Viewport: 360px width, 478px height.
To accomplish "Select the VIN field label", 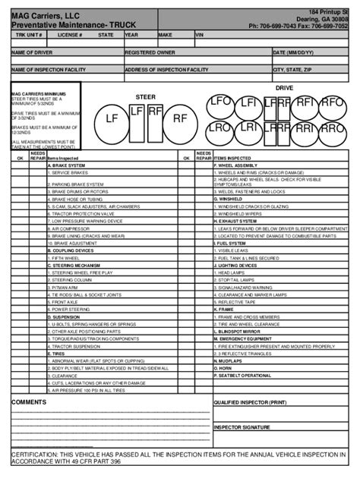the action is (201, 34).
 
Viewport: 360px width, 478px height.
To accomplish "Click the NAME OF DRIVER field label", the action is (30, 52).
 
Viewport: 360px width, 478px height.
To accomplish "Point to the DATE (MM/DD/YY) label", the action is (295, 52).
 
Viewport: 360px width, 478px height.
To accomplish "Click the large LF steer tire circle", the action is (112, 118).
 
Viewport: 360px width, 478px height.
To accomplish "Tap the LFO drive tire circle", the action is (220, 101).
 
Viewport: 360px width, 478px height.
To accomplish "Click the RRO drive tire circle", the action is (331, 129).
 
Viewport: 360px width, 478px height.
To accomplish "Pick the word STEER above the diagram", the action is (145, 97).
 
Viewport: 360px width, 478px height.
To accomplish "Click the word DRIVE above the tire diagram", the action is (283, 89).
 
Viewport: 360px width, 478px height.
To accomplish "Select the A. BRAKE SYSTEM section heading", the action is (66, 165).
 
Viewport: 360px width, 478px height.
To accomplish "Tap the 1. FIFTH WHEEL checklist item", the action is (66, 257).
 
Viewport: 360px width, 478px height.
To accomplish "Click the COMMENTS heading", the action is (30, 401).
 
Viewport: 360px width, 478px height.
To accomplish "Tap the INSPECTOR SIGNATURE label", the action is (242, 427).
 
